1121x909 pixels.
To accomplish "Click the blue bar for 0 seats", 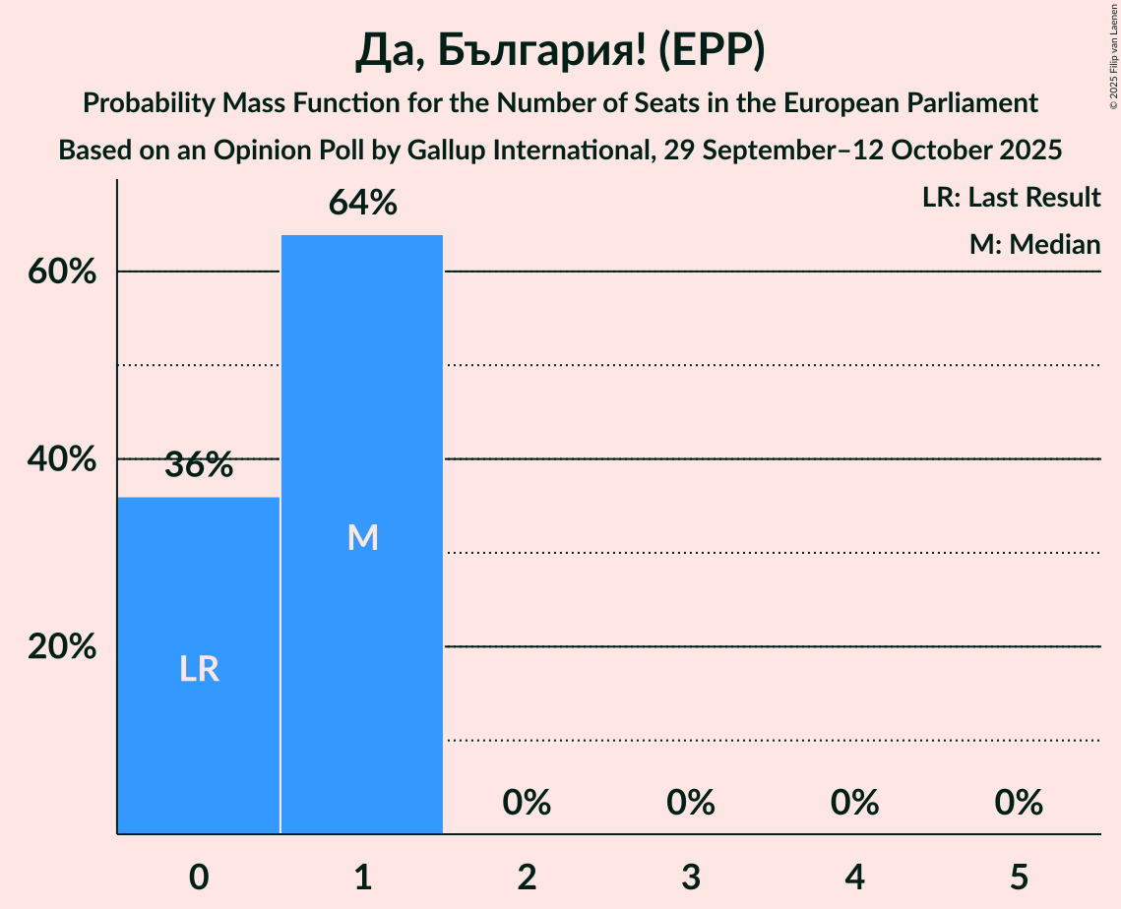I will click(199, 590).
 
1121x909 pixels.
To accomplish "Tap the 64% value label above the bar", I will click(362, 204).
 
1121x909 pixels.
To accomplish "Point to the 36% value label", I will click(199, 465).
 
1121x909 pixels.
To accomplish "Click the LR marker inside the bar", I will click(199, 669).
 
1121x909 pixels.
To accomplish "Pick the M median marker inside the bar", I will click(362, 537).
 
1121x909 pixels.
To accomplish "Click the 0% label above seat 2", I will click(527, 803).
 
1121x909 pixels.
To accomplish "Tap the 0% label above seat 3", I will click(690, 803).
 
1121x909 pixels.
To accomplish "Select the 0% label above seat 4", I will click(854, 803).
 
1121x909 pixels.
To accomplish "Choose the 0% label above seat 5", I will click(1018, 803).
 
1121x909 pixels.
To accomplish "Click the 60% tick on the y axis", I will click(62, 272).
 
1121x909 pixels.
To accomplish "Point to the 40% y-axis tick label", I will click(62, 459).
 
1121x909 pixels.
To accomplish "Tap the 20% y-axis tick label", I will click(62, 647).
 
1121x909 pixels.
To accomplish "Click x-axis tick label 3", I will click(690, 877).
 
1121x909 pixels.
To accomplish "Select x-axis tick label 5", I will click(1018, 877).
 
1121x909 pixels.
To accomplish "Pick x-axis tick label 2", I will click(527, 877).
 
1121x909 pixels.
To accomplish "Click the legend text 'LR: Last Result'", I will click(1011, 198).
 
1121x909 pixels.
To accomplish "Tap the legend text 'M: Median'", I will click(1034, 244).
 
